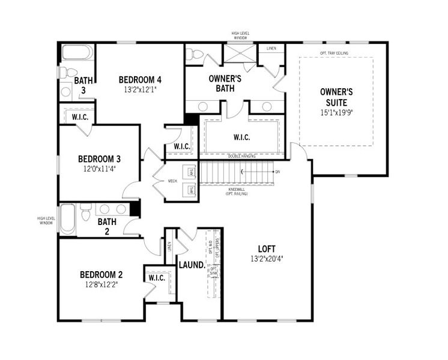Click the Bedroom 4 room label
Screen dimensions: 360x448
140,80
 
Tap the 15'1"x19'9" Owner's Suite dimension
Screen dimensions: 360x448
336,112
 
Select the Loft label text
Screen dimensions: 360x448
267,248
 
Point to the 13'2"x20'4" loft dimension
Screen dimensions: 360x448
267,259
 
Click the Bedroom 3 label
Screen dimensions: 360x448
100,159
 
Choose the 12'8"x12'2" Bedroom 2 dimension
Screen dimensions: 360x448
101,284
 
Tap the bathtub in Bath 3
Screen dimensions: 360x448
77,52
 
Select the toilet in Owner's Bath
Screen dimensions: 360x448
195,54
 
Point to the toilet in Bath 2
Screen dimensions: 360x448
85,212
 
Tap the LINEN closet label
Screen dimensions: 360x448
271,48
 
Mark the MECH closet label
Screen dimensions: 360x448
172,181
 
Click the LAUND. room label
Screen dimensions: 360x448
192,265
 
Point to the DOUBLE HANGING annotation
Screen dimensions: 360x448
243,156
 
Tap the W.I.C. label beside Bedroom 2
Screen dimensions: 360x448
157,278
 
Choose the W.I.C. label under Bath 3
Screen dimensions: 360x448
80,117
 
